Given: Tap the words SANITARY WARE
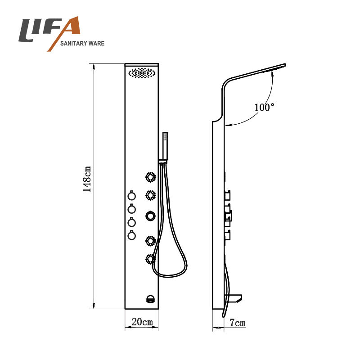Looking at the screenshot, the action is point(82,43).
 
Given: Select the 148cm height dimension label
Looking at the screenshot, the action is point(87,179).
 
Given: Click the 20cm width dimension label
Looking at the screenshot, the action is point(142,322).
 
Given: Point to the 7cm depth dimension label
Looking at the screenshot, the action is point(238,323).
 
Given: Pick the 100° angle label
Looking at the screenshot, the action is point(264,107).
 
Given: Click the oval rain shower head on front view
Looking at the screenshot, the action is point(142,73).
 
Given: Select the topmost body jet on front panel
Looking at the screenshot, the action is point(151,177).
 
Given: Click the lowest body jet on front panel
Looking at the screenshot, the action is point(150,259).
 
